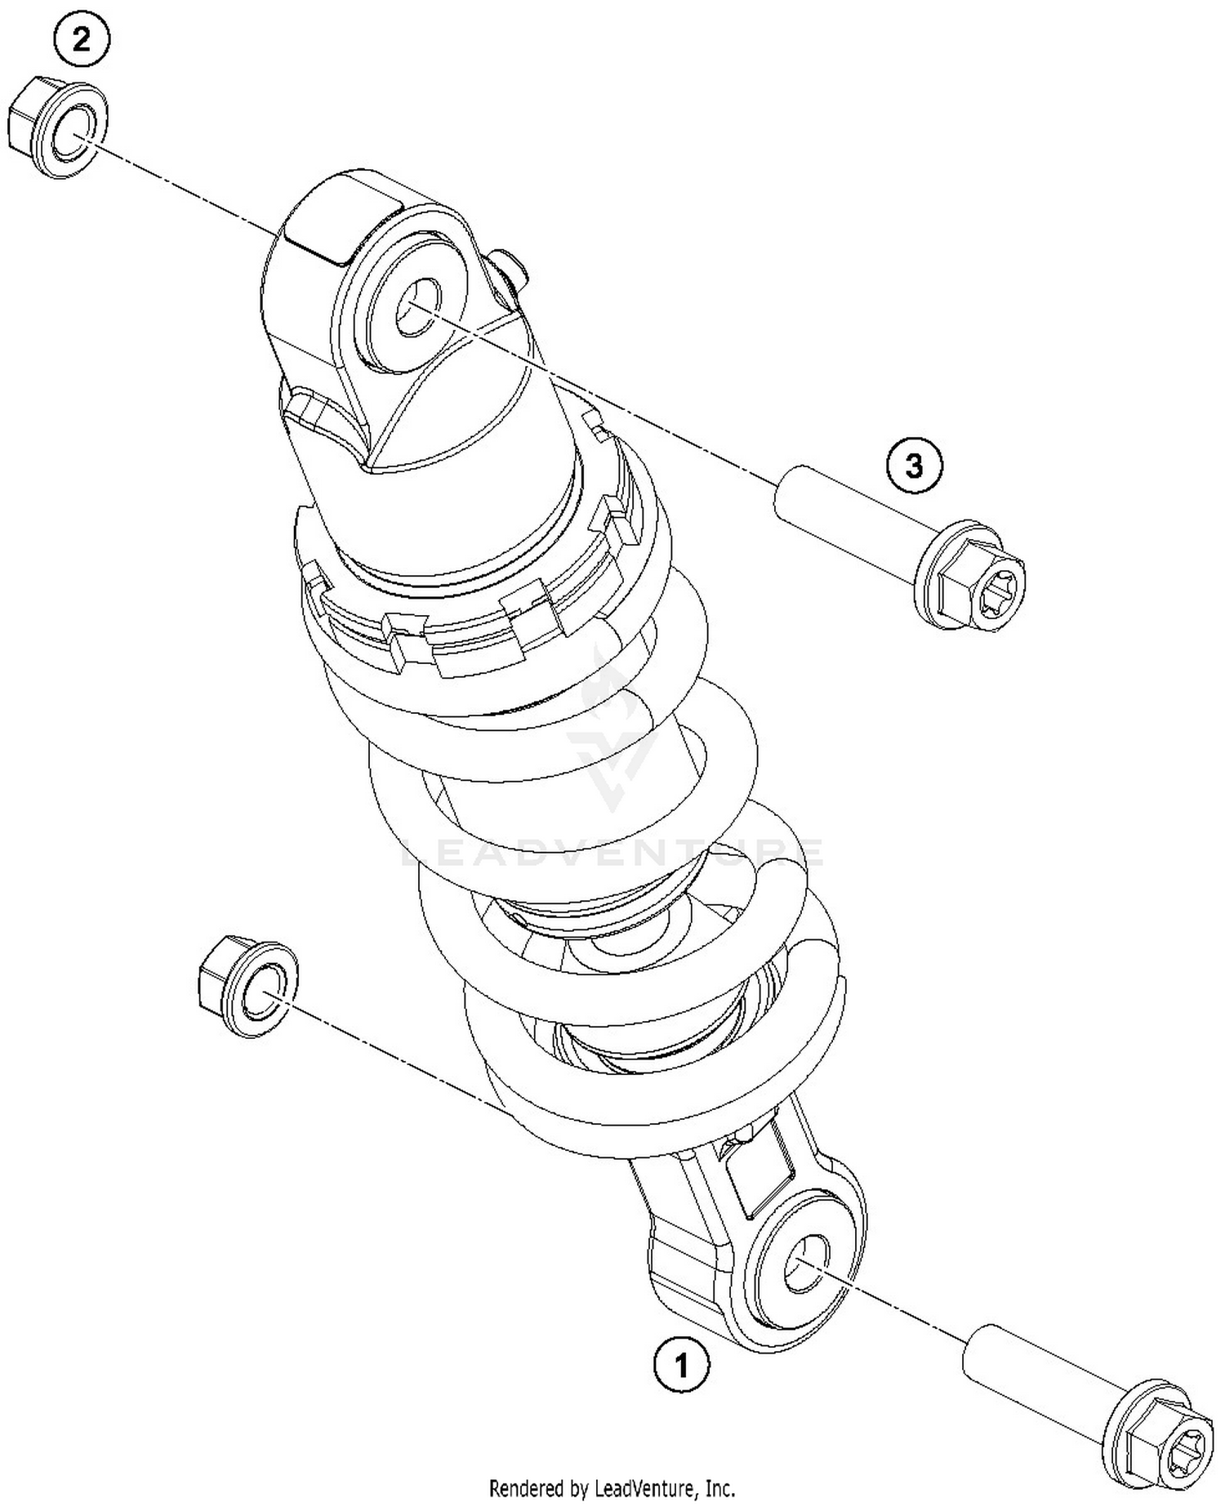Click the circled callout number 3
click(914, 466)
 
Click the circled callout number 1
click(681, 1363)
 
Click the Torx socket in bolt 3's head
click(1000, 580)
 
